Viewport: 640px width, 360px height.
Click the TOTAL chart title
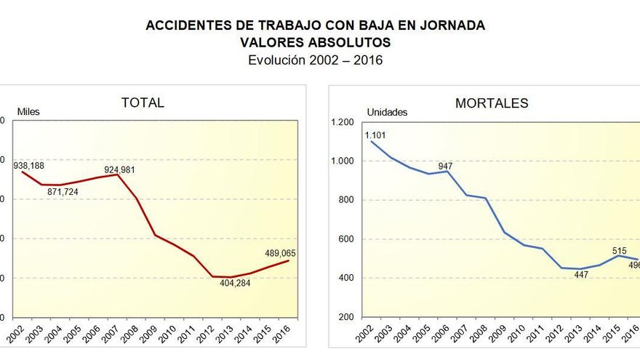point(143,103)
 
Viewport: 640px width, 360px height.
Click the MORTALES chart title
point(492,103)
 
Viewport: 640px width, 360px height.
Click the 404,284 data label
point(239,284)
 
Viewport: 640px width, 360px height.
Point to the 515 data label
point(619,250)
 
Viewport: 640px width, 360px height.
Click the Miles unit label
point(28,112)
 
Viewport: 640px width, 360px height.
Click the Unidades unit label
point(387,112)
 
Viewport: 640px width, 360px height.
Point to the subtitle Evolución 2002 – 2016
point(315,60)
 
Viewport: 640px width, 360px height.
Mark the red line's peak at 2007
point(118,175)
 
